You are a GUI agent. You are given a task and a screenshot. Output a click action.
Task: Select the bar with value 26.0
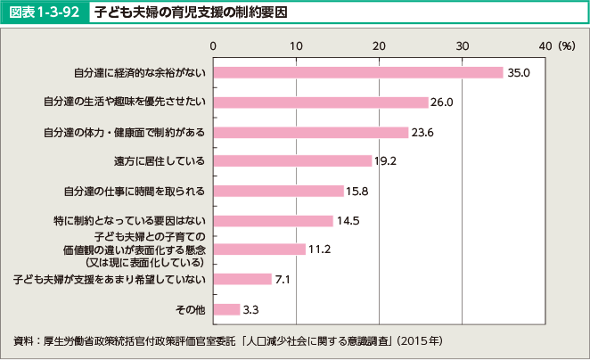click(320, 102)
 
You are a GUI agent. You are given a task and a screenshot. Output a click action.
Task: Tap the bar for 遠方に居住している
click(292, 161)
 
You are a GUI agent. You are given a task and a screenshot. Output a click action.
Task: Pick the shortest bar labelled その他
click(226, 309)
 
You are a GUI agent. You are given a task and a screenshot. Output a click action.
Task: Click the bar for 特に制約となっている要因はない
click(273, 220)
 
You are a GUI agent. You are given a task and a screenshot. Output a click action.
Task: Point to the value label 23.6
click(422, 133)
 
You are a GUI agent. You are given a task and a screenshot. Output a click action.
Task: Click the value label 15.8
click(357, 191)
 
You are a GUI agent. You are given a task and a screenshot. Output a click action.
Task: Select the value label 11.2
click(319, 250)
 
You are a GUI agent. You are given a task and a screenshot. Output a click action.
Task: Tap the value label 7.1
click(284, 280)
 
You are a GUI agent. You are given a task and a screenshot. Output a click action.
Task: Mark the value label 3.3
click(250, 310)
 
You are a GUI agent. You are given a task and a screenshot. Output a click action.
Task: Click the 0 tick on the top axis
click(213, 45)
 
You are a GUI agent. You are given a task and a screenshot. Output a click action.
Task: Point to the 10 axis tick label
click(296, 45)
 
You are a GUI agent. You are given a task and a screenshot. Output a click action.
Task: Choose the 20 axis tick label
click(379, 45)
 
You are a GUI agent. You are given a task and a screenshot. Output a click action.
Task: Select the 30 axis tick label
click(462, 45)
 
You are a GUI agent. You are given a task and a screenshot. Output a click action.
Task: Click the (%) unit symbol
click(567, 45)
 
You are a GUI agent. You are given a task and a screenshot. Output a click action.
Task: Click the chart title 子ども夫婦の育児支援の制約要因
click(191, 12)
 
